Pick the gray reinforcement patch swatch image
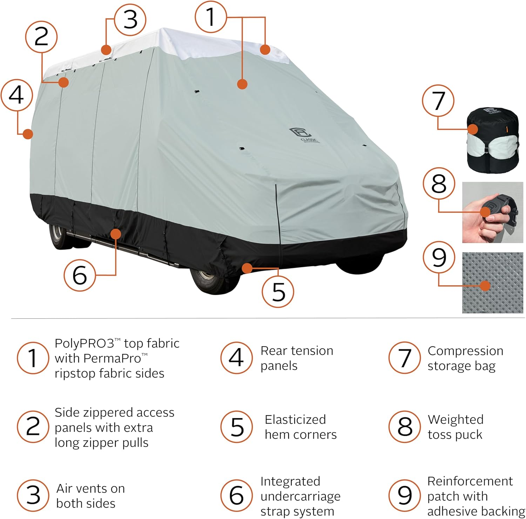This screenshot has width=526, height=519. [492, 282]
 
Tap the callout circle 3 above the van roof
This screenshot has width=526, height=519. [130, 20]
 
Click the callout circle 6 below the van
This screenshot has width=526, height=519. [80, 275]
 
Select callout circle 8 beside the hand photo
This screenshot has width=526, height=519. [439, 184]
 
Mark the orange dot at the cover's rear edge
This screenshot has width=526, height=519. [28, 134]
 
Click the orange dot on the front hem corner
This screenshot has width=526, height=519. [247, 268]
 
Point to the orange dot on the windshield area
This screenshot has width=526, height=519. [242, 84]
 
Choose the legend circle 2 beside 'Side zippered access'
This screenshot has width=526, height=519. [33, 427]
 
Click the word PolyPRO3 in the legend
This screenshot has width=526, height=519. [83, 344]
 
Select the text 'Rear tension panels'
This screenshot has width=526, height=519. [296, 358]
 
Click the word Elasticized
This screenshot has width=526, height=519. [295, 419]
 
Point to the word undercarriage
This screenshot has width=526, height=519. [300, 496]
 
